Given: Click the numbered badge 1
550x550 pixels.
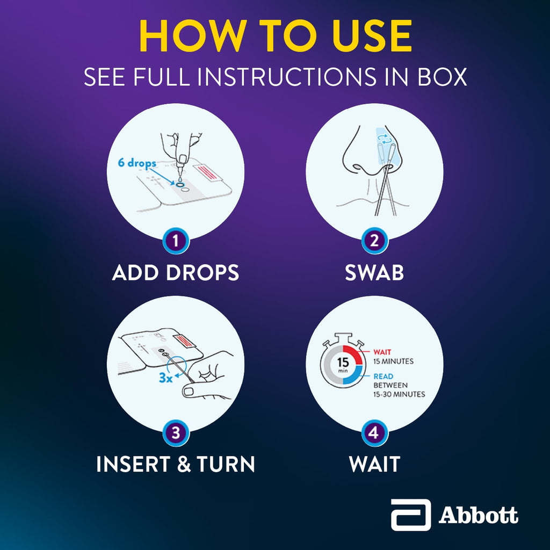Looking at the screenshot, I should coord(176,241).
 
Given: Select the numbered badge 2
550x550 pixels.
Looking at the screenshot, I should coord(374,241).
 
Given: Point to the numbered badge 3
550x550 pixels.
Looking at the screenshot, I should coord(176,432).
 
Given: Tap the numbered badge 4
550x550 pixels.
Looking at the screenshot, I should coord(374,432).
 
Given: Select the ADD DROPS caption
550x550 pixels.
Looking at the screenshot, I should coord(176,273).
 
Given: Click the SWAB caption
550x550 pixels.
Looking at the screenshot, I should coord(374,273).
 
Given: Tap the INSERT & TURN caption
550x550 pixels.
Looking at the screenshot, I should coord(176,464).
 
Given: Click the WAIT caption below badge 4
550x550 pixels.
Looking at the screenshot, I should coord(374,464).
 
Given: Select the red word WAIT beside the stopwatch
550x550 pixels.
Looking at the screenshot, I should coord(382,352).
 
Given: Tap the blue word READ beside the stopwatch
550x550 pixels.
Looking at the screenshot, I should coord(383,377).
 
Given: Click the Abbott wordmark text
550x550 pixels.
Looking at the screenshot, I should coord(478,516).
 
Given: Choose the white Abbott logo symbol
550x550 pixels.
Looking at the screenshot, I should coord(410,515).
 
